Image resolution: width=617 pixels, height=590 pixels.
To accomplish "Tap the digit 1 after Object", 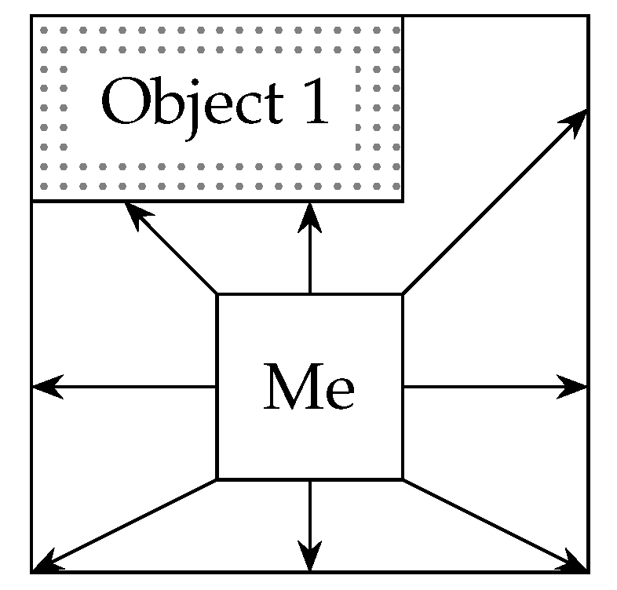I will (x=316, y=104).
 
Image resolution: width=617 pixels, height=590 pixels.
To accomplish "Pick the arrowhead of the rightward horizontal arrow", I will (x=578, y=387).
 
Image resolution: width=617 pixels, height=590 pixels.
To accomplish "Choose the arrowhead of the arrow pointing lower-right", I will (x=579, y=564).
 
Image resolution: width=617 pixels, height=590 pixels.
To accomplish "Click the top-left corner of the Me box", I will (x=217, y=295).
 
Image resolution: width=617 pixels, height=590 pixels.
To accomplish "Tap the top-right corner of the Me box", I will (x=403, y=295).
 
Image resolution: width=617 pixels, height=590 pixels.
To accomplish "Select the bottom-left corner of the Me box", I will (x=217, y=479).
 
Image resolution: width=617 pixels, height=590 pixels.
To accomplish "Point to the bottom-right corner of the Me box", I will (x=403, y=479).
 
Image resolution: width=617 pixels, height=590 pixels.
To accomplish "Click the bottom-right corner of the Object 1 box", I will (x=403, y=201).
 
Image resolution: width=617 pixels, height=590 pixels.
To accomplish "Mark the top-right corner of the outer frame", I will (x=588, y=16).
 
